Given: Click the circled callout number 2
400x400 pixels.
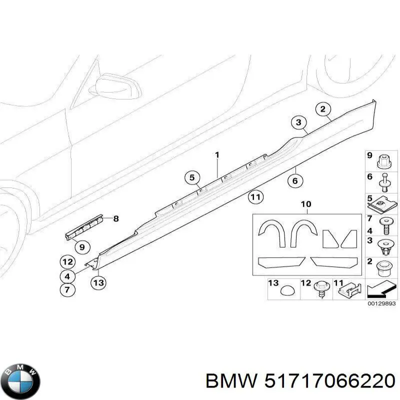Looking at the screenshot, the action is click(x=323, y=109).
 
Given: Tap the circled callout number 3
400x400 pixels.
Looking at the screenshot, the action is click(x=298, y=122).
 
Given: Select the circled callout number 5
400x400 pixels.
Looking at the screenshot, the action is click(x=192, y=177).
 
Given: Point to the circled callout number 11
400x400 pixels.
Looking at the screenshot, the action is click(x=255, y=197).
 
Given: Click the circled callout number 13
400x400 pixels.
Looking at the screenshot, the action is click(x=98, y=282).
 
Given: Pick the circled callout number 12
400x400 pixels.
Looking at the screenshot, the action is click(x=67, y=262).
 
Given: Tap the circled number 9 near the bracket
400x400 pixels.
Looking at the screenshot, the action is click(x=82, y=247).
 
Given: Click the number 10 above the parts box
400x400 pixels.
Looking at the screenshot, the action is click(x=306, y=204).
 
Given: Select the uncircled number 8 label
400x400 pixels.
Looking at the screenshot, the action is click(x=116, y=218).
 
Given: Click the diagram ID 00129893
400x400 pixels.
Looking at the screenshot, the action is click(x=381, y=303).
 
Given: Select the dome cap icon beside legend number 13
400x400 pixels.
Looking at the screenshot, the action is click(x=287, y=290).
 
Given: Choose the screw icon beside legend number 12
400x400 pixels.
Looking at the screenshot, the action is click(x=320, y=289).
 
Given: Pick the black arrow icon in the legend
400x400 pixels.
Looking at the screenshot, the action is click(x=381, y=290).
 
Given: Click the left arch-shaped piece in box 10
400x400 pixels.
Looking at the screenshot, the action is click(x=272, y=233).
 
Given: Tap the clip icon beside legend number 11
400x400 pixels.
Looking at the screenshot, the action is click(x=350, y=290).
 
